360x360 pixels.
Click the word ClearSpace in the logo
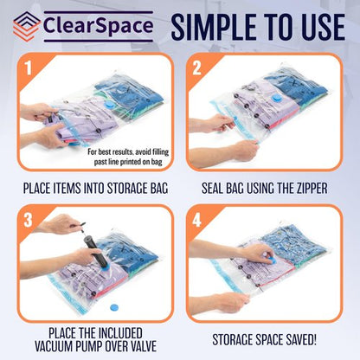click(x=95, y=26)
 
